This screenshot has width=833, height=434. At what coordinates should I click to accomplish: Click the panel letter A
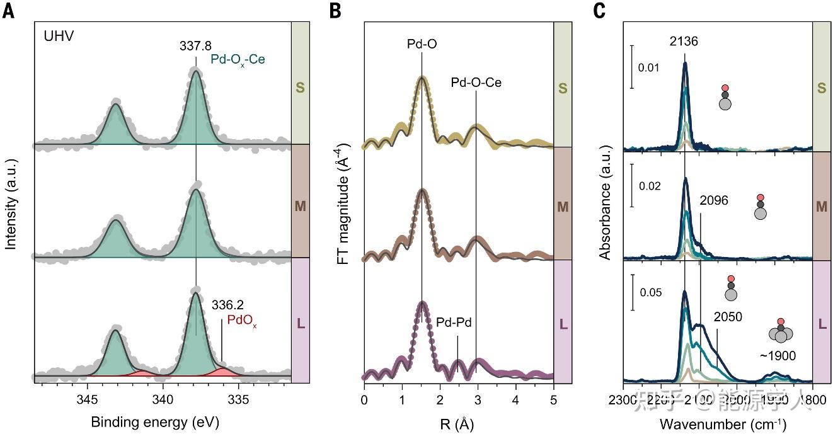[8, 11]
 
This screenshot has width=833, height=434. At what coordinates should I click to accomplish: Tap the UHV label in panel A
[59, 36]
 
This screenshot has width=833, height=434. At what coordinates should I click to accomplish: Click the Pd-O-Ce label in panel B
[476, 82]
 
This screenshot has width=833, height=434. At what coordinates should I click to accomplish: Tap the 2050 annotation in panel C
[728, 317]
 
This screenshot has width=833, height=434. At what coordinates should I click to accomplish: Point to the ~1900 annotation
[778, 356]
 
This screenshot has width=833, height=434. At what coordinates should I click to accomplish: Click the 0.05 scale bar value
[652, 293]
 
